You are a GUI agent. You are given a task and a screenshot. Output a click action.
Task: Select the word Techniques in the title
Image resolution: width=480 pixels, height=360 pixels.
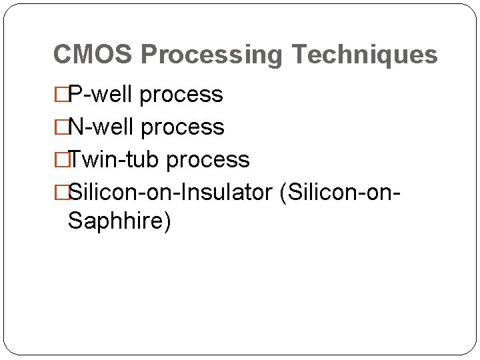pyautogui.click(x=365, y=55)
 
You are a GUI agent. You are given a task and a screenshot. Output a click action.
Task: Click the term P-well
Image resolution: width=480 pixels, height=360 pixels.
pyautogui.click(x=102, y=95)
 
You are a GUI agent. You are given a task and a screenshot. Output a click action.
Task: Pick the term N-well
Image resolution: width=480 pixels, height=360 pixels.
pyautogui.click(x=103, y=127)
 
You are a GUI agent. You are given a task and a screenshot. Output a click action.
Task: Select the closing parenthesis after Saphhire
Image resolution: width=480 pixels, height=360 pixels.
pyautogui.click(x=167, y=221)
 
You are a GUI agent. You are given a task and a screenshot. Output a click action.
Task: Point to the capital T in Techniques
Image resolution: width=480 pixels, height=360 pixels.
pyautogui.click(x=299, y=55)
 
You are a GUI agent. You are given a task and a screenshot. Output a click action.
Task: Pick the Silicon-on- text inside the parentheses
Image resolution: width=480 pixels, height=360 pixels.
pyautogui.click(x=344, y=193)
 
